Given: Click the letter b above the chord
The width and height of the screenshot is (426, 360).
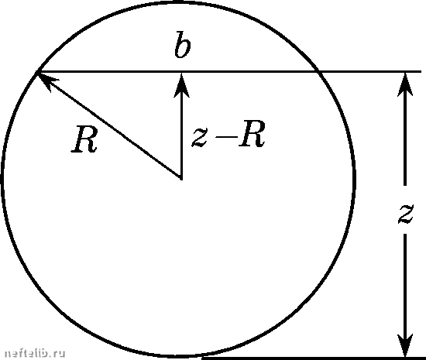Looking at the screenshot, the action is pos(182,45).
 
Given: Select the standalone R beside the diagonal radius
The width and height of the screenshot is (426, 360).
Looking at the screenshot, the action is pos(84,139).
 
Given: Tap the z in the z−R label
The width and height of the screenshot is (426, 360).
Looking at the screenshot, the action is pos(200,138).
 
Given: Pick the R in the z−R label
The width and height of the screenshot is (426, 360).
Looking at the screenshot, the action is pos(251,134).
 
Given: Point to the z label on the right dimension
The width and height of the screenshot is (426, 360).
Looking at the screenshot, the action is pos(405,214).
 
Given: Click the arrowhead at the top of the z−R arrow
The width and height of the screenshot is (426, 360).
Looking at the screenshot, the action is pos(181,84).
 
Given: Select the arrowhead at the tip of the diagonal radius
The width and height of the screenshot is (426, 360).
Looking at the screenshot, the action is pos(46,80).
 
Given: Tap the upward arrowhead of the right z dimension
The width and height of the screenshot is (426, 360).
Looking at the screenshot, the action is pos(405,84).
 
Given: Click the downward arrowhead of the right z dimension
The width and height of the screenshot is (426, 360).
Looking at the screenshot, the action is pos(405,345).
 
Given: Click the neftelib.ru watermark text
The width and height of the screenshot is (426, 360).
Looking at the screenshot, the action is pos(35,353).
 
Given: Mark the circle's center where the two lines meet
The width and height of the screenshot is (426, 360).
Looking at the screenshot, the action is pos(181,179).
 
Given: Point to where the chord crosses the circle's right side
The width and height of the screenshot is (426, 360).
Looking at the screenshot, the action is pos(317,71).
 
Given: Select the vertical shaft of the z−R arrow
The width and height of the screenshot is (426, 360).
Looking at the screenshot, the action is pos(181,137).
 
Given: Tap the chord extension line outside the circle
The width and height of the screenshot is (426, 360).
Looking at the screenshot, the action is pos(369,71).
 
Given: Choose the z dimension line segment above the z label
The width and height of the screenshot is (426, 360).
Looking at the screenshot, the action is pos(405,140).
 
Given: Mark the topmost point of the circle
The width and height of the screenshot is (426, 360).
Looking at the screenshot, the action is pos(179,2).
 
